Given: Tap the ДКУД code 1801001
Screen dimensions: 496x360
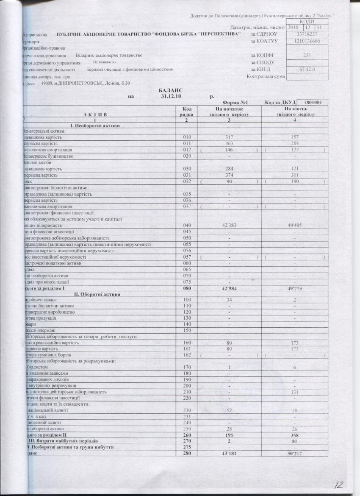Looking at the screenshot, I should click(x=313, y=103).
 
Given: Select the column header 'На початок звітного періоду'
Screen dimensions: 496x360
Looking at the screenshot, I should click(x=229, y=111).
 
